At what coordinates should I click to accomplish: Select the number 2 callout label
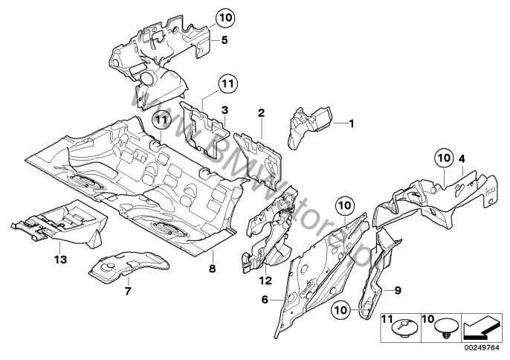point(261,113)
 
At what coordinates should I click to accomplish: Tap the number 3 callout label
point(224,110)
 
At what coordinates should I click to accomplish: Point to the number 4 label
point(462,158)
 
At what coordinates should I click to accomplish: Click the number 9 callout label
point(398,289)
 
